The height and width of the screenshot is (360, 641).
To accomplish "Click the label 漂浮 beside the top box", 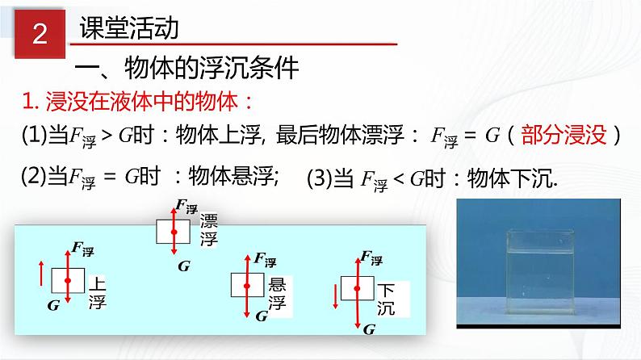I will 209,229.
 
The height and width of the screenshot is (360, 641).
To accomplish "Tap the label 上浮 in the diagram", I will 97,293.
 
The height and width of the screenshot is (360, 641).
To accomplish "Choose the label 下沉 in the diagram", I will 388,298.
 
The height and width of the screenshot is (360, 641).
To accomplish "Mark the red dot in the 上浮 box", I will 69,280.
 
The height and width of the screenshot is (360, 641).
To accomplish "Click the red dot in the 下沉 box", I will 356,286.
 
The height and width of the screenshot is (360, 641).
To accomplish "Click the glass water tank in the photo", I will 538,274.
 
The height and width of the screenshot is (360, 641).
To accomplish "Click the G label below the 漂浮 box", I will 184,265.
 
